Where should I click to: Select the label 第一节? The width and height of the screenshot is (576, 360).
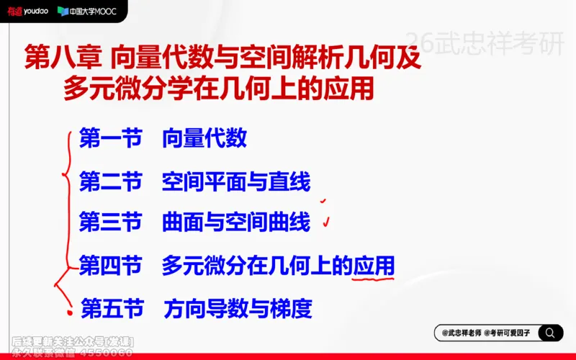click(x=109, y=138)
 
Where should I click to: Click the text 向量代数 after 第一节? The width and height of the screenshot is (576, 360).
click(x=204, y=138)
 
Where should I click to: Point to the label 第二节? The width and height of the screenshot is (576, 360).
click(x=109, y=182)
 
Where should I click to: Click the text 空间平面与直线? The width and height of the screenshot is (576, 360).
click(x=235, y=182)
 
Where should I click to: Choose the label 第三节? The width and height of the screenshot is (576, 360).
click(x=109, y=222)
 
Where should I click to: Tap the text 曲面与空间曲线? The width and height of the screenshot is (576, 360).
click(x=235, y=222)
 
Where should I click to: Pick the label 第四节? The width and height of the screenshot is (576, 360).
click(x=109, y=265)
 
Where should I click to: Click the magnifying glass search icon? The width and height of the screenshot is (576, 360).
click(x=549, y=333)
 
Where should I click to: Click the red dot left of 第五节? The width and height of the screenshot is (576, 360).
click(x=70, y=312)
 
